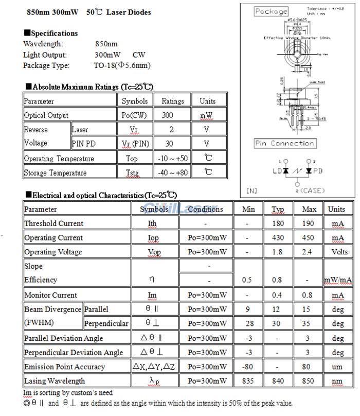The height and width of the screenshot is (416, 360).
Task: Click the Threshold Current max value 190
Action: [309, 223]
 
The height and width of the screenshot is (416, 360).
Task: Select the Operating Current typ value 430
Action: [278, 238]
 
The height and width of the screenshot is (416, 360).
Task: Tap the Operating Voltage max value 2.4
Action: [309, 252]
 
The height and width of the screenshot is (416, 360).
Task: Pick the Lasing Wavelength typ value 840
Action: [278, 381]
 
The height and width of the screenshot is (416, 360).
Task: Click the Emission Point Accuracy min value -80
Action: [247, 367]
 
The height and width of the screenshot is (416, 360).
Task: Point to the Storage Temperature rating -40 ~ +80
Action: [172, 172]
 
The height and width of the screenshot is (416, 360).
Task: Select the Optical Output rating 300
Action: [168, 115]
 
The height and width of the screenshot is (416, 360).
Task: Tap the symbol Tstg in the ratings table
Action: [132, 172]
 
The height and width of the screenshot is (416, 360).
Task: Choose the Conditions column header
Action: [205, 210]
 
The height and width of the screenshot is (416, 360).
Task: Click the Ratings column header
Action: [172, 101]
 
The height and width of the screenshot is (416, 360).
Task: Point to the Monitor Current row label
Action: [50, 295]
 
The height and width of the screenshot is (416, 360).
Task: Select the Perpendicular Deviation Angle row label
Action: [74, 353]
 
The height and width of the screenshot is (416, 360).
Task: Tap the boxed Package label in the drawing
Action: [271, 11]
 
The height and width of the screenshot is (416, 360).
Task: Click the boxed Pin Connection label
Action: [284, 144]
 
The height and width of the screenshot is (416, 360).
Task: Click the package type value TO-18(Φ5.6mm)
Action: [122, 65]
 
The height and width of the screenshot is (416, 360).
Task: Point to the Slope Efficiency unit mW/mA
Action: [337, 280]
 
